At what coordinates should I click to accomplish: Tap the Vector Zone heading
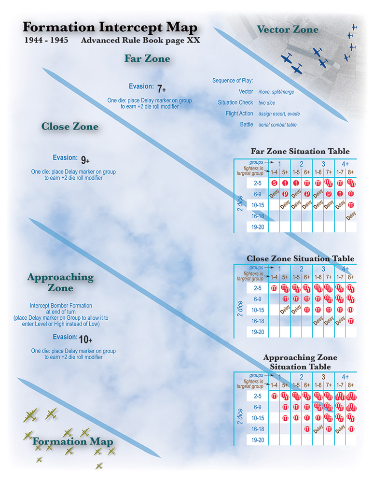(x=288, y=29)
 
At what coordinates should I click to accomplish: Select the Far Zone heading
(x=147, y=58)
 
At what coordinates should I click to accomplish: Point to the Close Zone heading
(x=70, y=127)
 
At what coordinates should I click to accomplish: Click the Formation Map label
(x=73, y=441)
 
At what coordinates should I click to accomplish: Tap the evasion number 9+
(x=85, y=159)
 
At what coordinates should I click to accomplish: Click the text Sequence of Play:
(x=233, y=80)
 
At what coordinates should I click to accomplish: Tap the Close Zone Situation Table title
(x=300, y=258)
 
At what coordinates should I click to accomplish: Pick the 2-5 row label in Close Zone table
(x=255, y=288)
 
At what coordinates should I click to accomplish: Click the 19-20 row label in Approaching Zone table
(x=255, y=440)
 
